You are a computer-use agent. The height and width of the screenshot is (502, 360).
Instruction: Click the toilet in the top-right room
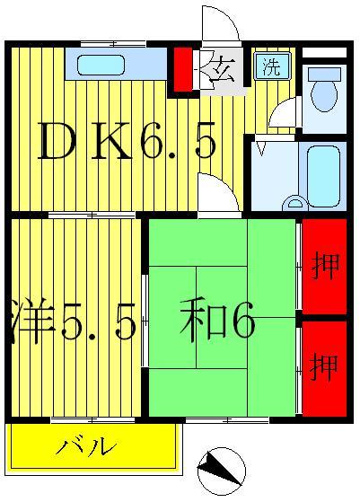coord(323,92)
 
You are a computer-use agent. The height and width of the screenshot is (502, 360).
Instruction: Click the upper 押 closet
coord(323,267)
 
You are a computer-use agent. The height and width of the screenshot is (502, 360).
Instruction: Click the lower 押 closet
coord(323,366)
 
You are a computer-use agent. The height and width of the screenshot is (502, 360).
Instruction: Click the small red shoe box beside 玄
coord(182,69)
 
